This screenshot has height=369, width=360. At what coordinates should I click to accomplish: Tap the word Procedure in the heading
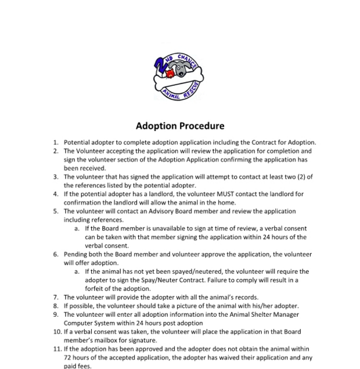[203, 125]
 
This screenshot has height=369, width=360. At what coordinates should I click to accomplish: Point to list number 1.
[56, 142]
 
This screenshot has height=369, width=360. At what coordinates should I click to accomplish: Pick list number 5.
[56, 212]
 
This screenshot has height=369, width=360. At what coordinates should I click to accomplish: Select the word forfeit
[96, 289]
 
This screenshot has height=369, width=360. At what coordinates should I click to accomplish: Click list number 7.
[56, 297]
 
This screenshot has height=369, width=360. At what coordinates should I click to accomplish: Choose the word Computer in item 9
[80, 323]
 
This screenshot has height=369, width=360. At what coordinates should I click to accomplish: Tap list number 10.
[57, 332]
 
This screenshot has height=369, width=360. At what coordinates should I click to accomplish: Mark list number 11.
[57, 349]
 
